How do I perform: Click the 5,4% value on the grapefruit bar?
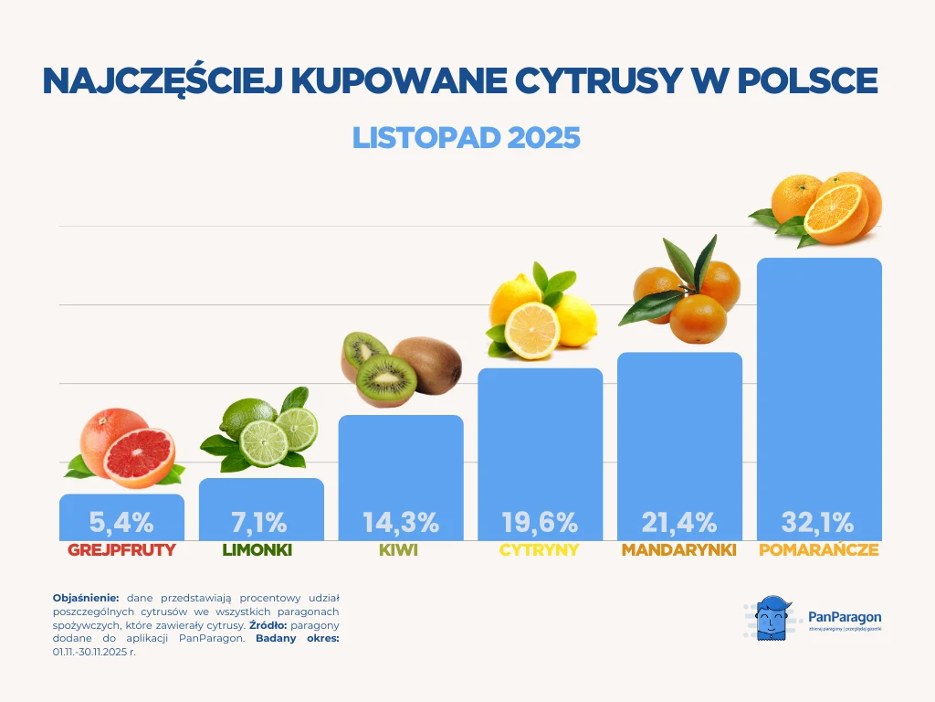[121, 523]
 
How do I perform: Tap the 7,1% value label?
[260, 523]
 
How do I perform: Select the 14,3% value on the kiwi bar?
[401, 523]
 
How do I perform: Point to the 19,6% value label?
[540, 523]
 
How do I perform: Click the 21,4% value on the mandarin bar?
[679, 523]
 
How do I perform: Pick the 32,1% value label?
[818, 523]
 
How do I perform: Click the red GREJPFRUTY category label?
[121, 551]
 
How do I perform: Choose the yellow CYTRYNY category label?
[540, 551]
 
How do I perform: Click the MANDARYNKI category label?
[679, 551]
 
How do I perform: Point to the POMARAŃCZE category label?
[819, 551]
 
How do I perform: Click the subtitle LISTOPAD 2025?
[467, 137]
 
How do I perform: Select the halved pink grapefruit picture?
[139, 456]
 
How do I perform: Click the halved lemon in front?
[532, 330]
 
